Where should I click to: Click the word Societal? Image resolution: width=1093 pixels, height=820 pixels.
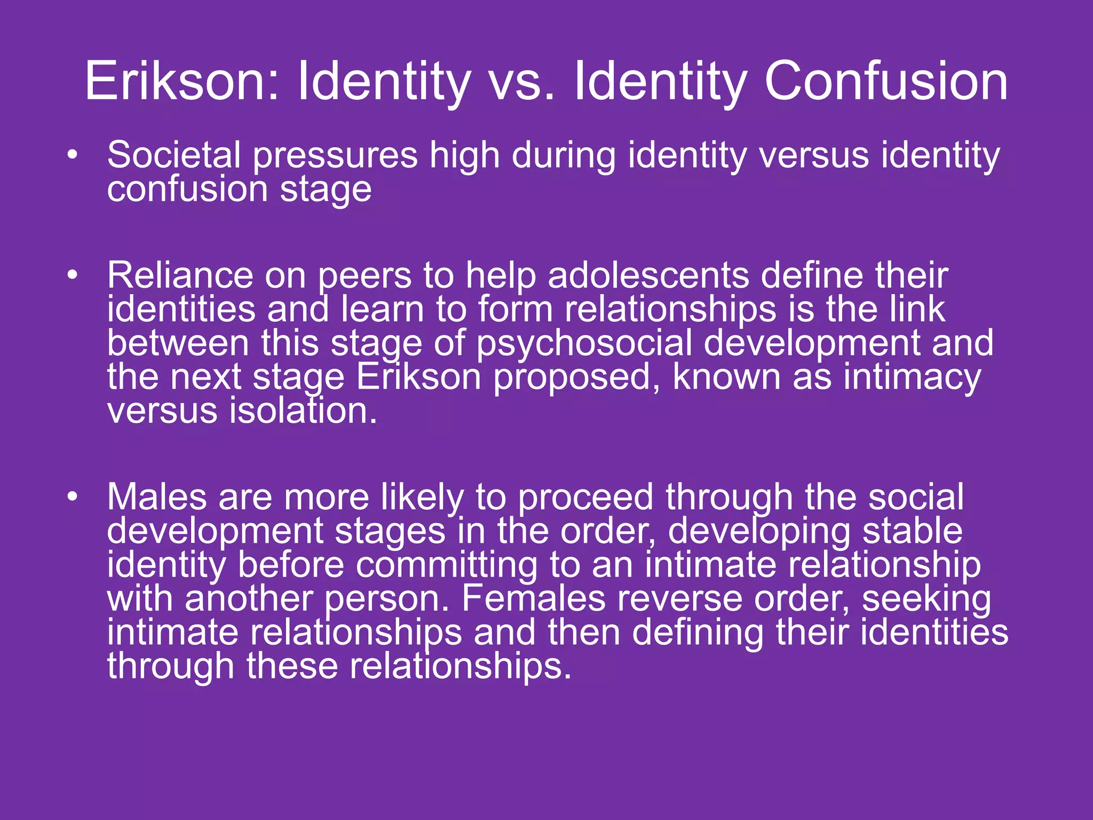click(174, 155)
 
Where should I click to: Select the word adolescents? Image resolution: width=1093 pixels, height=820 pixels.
click(648, 275)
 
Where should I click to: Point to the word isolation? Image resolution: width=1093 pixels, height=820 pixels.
click(303, 412)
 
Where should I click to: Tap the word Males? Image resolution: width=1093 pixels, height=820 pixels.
click(157, 497)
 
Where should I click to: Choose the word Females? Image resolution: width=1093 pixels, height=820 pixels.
click(533, 599)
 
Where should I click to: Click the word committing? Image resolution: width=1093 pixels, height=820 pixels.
click(447, 565)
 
